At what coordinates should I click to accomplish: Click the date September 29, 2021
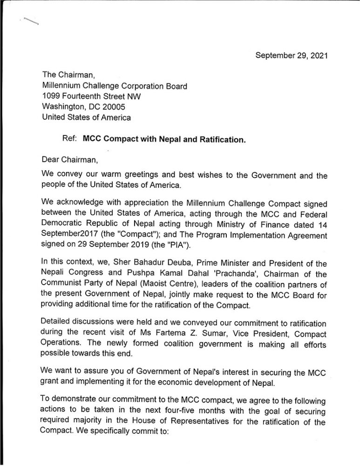(x=292, y=55)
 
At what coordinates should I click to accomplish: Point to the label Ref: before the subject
(x=70, y=138)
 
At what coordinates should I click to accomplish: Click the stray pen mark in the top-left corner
(x=29, y=21)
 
